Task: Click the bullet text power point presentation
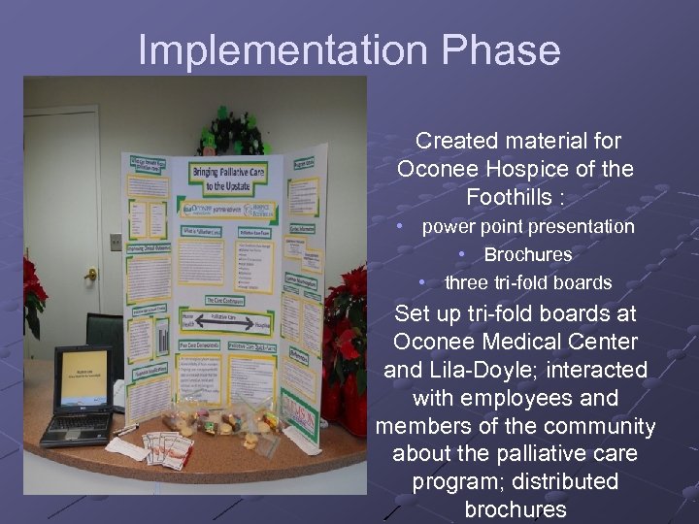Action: point(527,227)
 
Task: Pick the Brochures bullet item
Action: point(527,255)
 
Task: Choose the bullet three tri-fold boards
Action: point(527,283)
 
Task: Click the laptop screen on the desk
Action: point(83,377)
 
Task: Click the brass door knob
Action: point(91,275)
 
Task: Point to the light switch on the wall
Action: point(116,243)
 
